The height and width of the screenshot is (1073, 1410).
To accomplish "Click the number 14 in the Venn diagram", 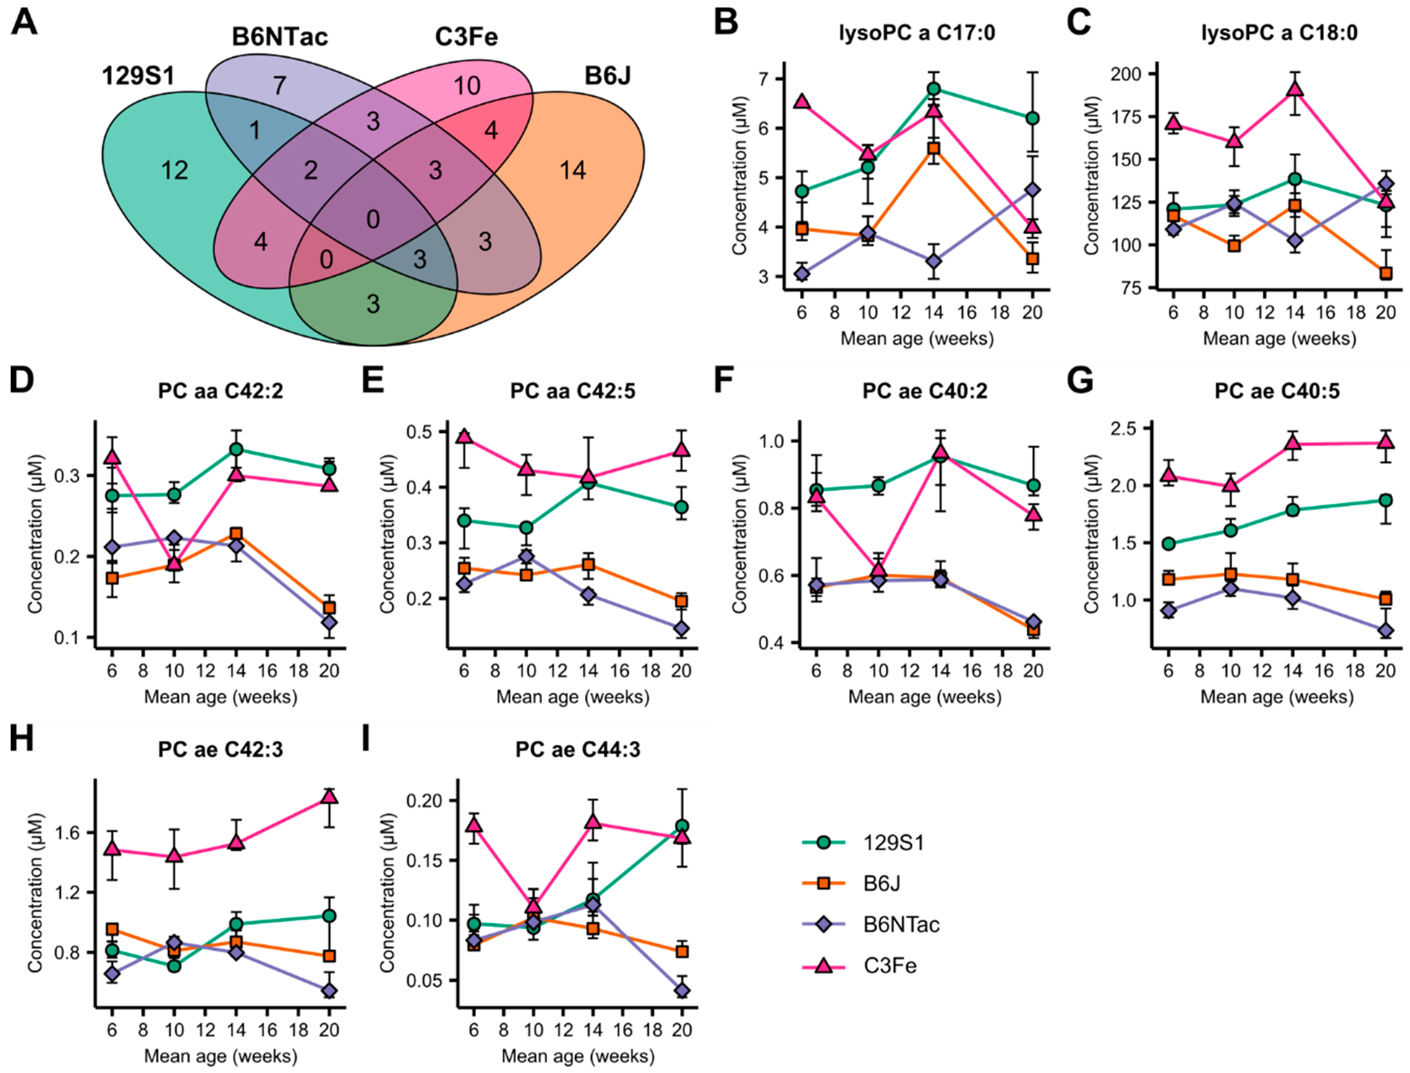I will (x=572, y=171).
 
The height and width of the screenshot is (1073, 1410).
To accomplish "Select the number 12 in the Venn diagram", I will (x=174, y=171).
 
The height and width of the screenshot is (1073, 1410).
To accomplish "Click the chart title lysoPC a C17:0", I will (x=917, y=32).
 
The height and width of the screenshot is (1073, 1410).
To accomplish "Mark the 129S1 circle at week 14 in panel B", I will (x=934, y=89).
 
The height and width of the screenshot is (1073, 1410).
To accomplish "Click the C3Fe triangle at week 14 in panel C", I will (x=1294, y=89).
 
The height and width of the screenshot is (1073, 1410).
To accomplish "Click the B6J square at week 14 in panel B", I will (x=934, y=149).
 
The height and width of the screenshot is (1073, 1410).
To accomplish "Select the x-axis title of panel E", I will (x=573, y=696).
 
